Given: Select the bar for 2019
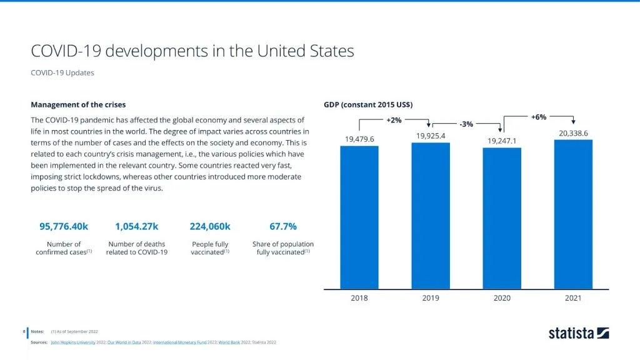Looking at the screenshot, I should (431, 216).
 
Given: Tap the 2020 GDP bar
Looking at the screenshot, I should (502, 218).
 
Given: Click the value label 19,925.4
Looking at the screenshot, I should (431, 136).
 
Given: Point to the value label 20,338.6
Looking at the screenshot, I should (573, 133).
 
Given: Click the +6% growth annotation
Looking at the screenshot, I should (539, 117).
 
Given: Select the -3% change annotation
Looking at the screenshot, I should (466, 124).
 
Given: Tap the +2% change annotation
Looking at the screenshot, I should (394, 120).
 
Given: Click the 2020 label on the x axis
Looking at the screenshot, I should (502, 298).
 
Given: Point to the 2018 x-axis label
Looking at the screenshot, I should (359, 298).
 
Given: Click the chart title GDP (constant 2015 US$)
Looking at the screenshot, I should (368, 104).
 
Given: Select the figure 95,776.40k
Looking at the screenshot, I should (64, 226).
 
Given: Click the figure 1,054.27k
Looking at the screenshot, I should (137, 226).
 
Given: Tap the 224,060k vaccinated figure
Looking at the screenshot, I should (210, 226).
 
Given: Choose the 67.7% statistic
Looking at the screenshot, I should (283, 226).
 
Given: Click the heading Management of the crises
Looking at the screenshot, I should (78, 104).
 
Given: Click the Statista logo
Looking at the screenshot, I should (579, 333).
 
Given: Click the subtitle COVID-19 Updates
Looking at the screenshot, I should (62, 72).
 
